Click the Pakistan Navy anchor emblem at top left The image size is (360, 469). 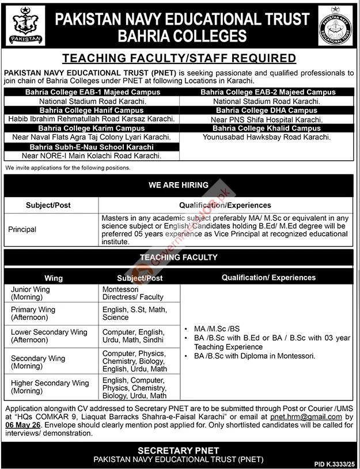(25, 26)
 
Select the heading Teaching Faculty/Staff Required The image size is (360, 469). (179, 58)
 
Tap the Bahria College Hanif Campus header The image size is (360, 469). (92, 110)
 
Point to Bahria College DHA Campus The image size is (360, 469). (267, 110)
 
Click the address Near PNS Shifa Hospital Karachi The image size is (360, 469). (267, 119)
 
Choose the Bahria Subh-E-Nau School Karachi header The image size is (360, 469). (92, 147)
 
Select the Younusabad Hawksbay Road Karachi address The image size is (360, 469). (267, 138)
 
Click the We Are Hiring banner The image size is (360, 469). (179, 185)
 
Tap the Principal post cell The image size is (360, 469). (22, 229)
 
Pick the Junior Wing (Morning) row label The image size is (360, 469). (29, 293)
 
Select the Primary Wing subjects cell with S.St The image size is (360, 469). (134, 313)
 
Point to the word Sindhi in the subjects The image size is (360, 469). (154, 340)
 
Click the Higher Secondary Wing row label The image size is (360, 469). (50, 387)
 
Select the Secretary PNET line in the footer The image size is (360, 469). (179, 449)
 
